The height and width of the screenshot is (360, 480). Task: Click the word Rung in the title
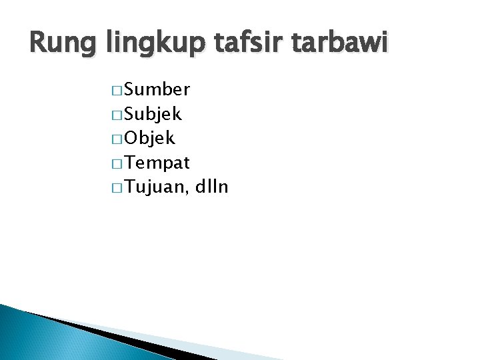(x=62, y=43)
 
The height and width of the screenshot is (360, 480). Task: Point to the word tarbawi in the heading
(x=337, y=43)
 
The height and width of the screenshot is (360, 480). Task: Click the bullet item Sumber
(x=157, y=89)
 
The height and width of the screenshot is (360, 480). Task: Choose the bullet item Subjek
(x=153, y=114)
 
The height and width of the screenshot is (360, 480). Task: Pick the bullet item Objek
(x=149, y=138)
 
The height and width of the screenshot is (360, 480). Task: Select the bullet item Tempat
(x=157, y=163)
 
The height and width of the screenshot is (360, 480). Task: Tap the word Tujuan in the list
(x=154, y=187)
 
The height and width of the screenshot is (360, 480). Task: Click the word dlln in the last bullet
(x=212, y=187)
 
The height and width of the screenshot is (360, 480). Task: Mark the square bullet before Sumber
(x=117, y=91)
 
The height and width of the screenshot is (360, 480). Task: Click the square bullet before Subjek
(x=117, y=115)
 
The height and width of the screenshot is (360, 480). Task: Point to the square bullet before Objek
(x=117, y=139)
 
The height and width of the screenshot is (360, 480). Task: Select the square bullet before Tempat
(x=117, y=163)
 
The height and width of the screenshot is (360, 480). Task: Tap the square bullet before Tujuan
(x=117, y=188)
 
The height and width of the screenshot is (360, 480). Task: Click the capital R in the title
(x=39, y=43)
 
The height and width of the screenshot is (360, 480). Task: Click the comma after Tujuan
(x=188, y=193)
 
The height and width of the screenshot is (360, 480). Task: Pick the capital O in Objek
(x=131, y=138)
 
